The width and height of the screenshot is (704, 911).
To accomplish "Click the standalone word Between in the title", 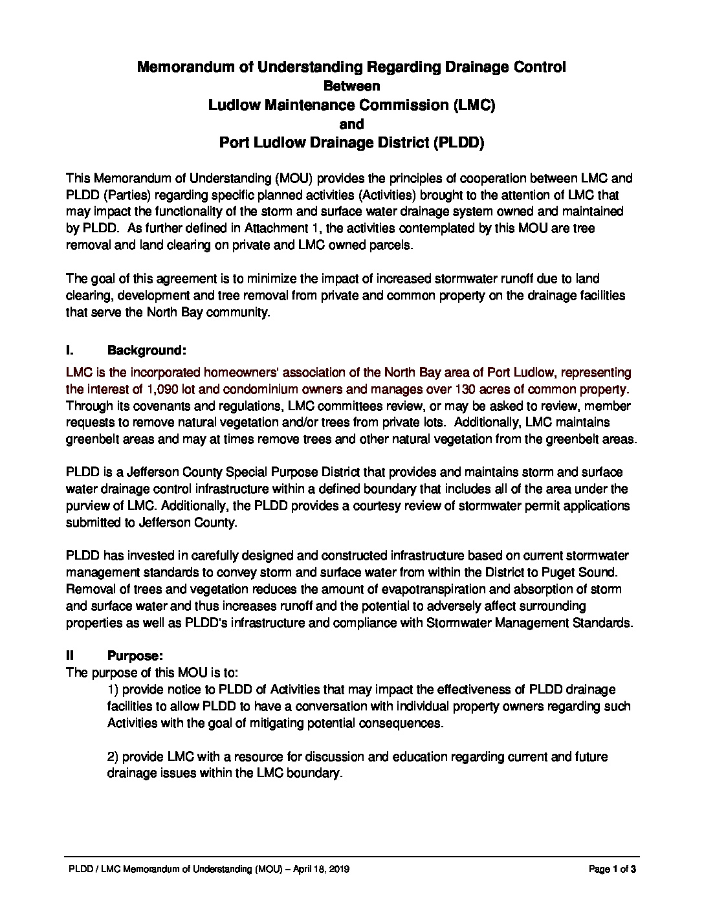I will point(351,85).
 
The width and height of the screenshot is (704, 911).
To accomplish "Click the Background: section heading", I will point(147,351).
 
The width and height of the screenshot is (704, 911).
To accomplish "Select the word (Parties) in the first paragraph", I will point(120,195).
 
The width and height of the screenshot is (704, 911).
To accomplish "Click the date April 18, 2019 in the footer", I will point(322,870).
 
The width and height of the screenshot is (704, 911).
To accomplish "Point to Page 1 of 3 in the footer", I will point(612,870).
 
